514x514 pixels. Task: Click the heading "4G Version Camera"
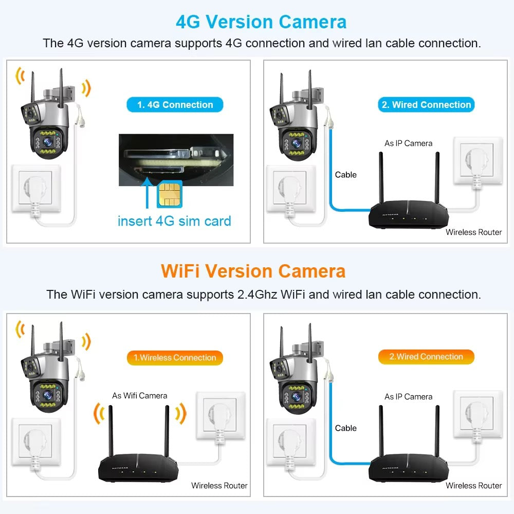tap(261, 22)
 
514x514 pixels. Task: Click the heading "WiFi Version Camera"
tap(253, 271)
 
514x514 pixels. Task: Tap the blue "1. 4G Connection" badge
tap(175, 105)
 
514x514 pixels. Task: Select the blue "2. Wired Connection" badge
tap(426, 105)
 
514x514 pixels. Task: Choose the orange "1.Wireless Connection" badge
tap(175, 358)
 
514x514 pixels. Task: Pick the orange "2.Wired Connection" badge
tap(426, 357)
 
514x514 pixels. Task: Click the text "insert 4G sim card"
tap(174, 222)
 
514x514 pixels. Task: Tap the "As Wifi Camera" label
tap(140, 396)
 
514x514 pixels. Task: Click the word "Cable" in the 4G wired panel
tap(345, 175)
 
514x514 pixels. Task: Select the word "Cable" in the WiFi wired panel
tap(345, 428)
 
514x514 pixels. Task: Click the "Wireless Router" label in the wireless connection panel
tap(219, 485)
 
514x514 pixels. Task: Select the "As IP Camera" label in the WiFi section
tap(409, 397)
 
